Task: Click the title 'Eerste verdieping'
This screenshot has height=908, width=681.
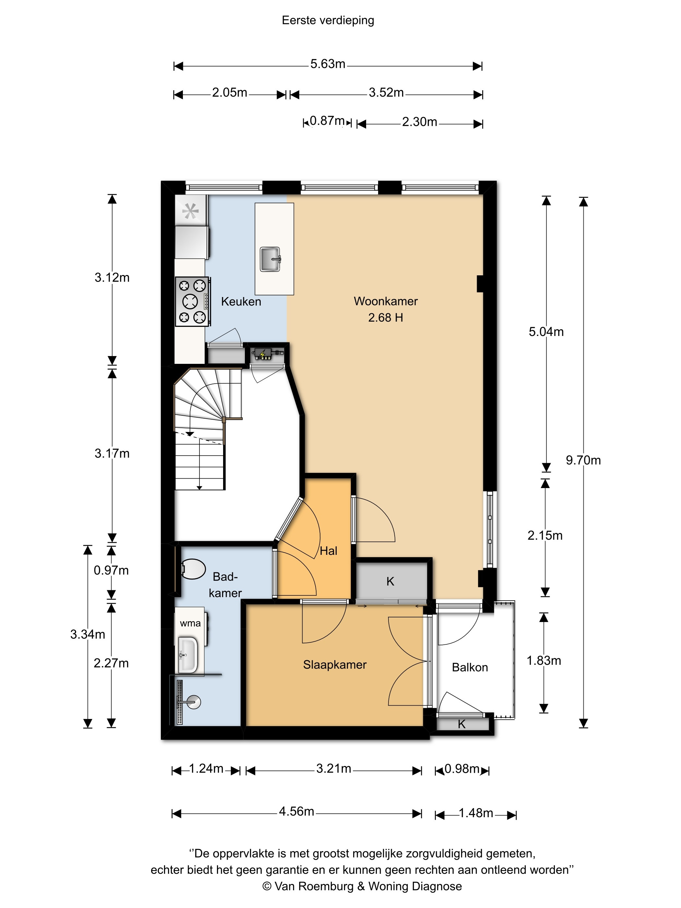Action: (328, 20)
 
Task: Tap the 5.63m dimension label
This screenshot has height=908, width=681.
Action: (328, 64)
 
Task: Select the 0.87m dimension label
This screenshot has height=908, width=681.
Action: (327, 121)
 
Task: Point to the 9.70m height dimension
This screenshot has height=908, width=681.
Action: (583, 460)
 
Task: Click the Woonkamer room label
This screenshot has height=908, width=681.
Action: (386, 301)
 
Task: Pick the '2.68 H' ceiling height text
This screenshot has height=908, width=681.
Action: (386, 318)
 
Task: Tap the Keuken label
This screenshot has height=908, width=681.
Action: (241, 302)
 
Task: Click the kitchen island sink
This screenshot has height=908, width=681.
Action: (270, 259)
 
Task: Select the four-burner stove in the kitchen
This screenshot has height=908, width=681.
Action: (193, 302)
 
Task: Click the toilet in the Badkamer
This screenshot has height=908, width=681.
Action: (193, 569)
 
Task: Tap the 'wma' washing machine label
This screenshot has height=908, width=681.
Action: (190, 624)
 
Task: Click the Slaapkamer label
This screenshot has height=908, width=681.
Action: (335, 665)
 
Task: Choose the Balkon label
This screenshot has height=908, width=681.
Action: (470, 667)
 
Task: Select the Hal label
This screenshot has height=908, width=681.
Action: (329, 551)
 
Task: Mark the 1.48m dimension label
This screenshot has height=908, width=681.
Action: (475, 813)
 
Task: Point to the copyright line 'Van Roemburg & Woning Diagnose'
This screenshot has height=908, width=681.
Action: (362, 886)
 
